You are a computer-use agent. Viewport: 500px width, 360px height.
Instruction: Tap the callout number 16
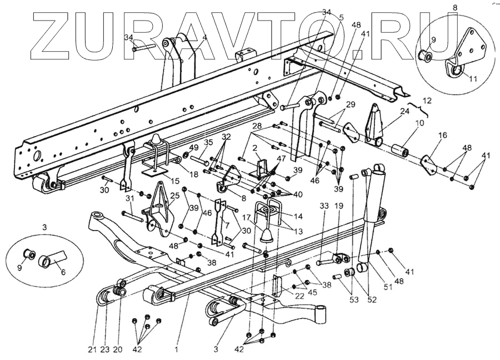443,135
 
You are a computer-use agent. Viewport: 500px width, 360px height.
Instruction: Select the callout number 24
404,111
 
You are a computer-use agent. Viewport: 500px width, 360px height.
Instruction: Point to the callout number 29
350,104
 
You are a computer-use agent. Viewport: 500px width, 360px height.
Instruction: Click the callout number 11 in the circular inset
473,79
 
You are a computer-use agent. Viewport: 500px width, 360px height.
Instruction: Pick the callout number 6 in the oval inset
62,273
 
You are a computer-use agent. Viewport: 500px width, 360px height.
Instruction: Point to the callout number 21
91,350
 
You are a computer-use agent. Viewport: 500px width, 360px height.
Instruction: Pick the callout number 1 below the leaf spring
176,350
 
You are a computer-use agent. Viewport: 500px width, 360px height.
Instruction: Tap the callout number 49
193,147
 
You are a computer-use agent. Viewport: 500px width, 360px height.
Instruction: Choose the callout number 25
176,196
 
